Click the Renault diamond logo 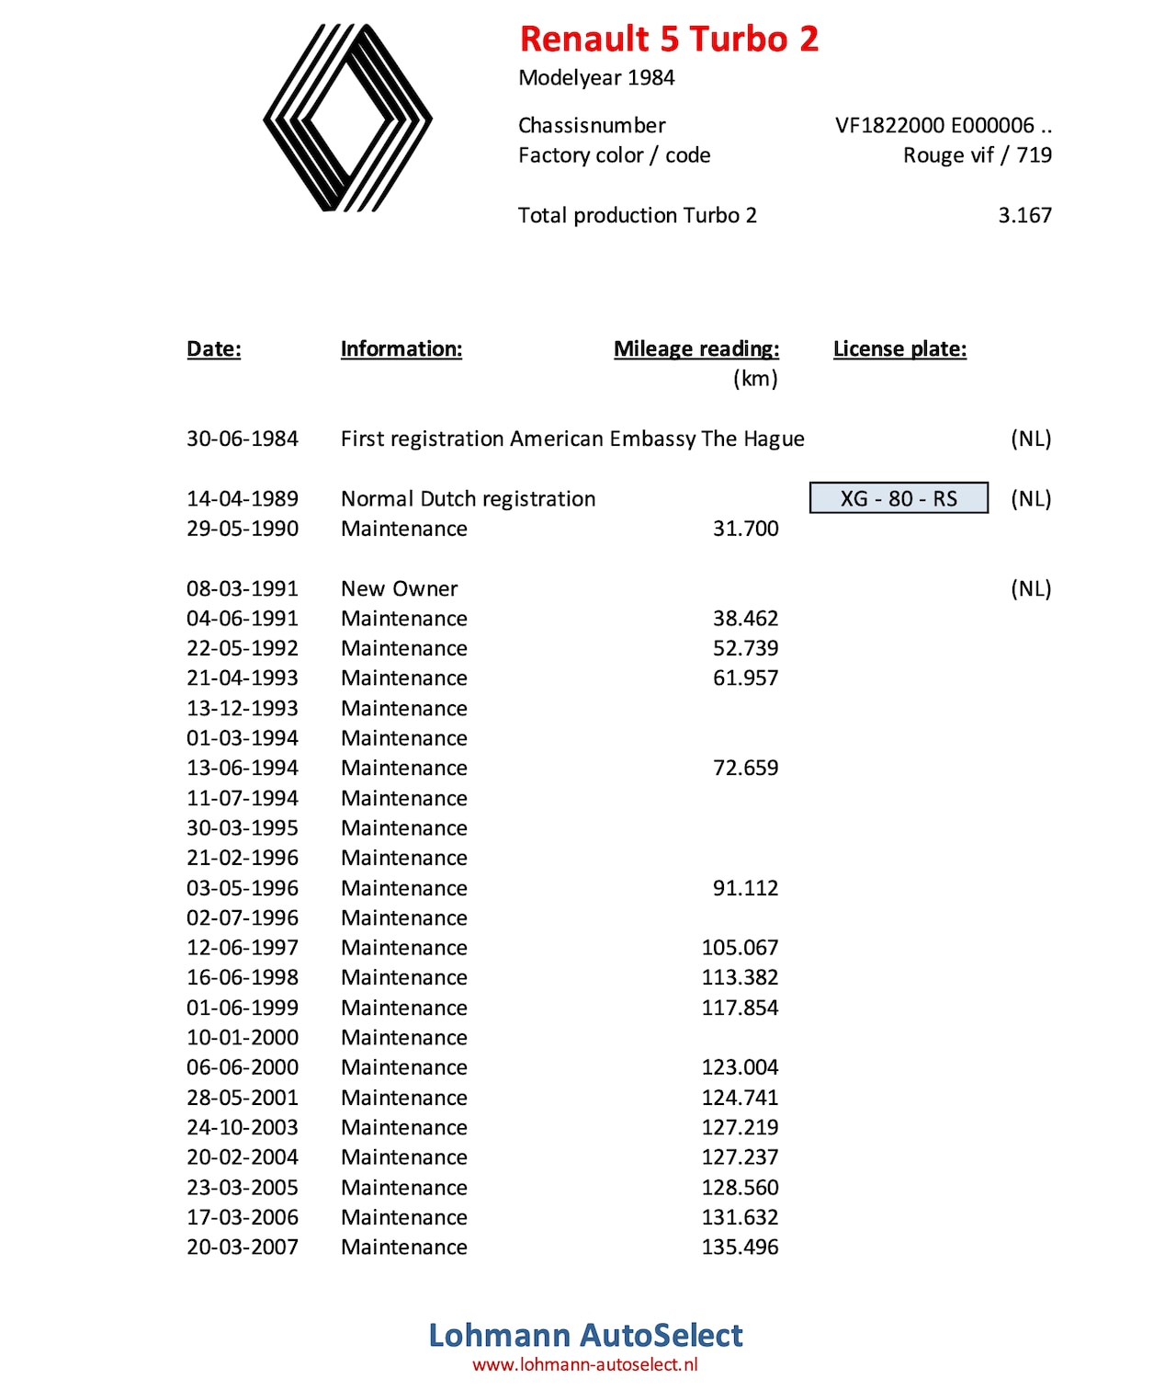coord(347,118)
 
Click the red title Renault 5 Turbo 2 coord(669,39)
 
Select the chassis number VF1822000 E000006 coord(943,126)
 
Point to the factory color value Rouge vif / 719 coord(977,155)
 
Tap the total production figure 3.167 coord(1024,215)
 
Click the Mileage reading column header coord(696,349)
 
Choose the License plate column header coord(899,349)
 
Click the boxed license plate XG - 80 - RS coord(899,498)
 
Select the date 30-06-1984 coord(243,439)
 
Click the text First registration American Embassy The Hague coord(572,439)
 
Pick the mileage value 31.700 coord(745,529)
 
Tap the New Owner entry coord(399,588)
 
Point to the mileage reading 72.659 coord(745,768)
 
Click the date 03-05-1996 coord(243,888)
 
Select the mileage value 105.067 coord(740,948)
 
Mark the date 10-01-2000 coord(243,1037)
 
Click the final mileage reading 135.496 coord(740,1248)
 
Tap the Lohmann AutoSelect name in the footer coord(585,1335)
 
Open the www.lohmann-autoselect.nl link coord(585,1364)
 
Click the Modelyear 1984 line coord(596,78)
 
